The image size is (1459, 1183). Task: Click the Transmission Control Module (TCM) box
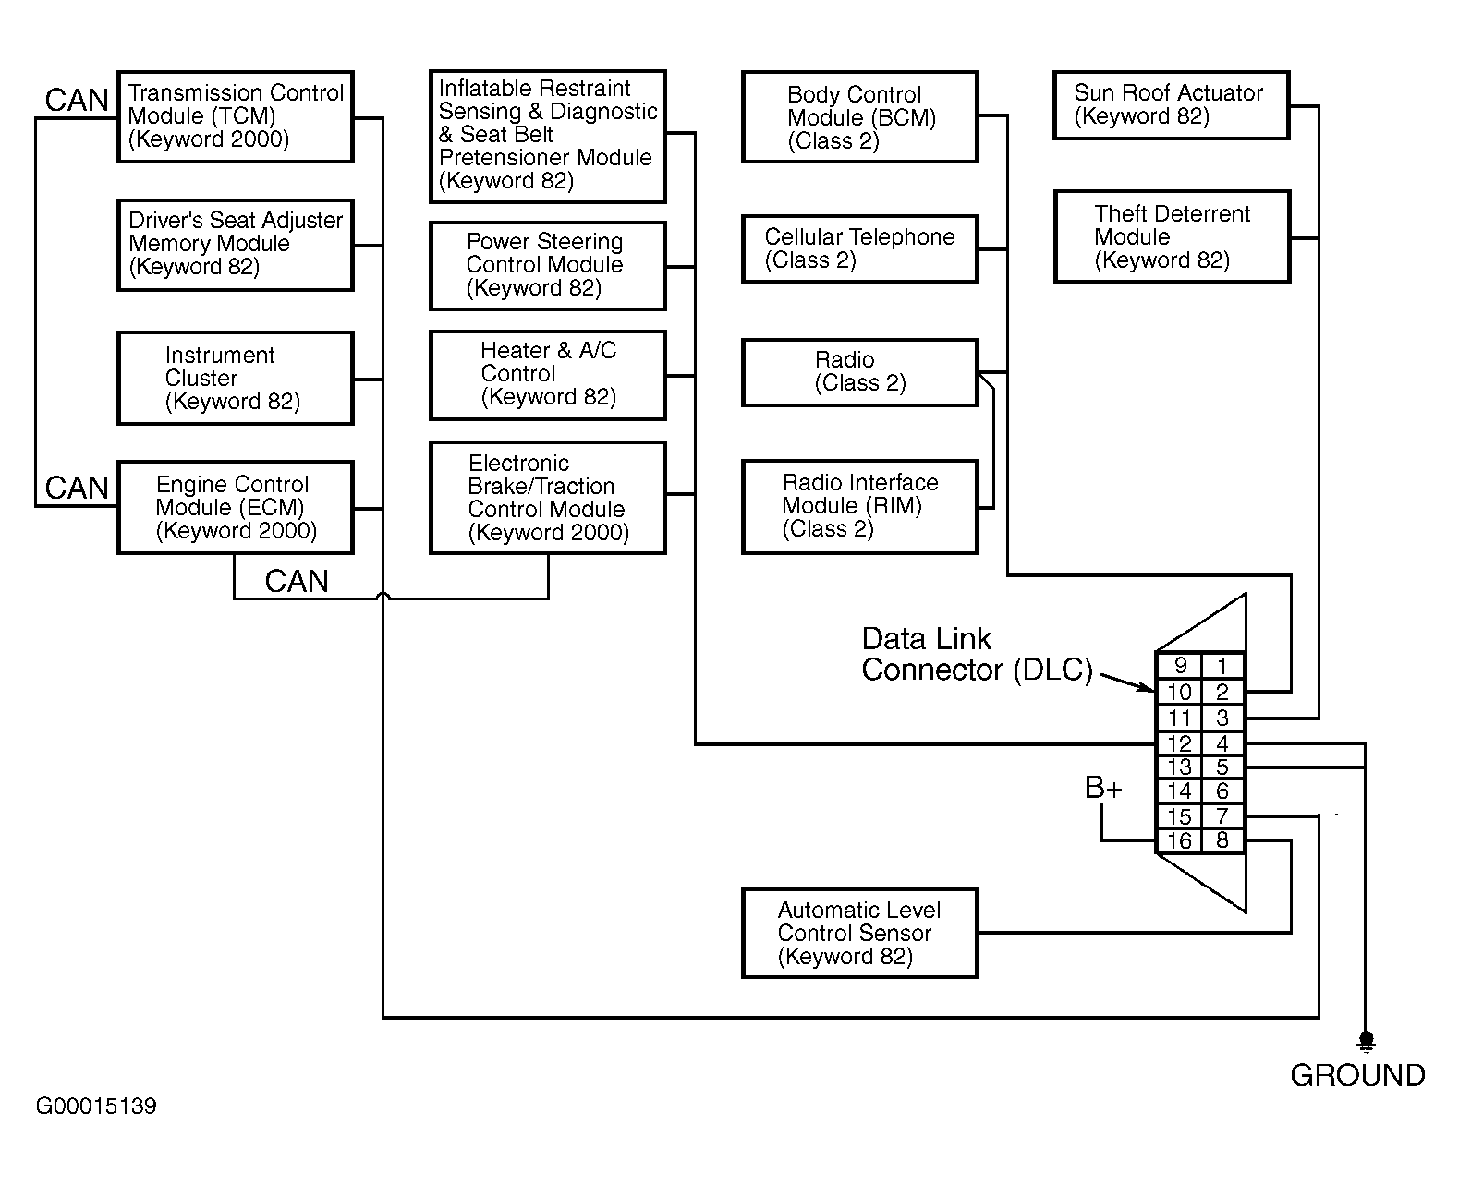click(x=236, y=117)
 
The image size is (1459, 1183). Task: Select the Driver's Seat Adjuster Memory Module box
click(x=236, y=245)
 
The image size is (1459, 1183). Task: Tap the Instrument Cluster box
click(x=236, y=379)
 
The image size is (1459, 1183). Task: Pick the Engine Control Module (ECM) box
click(x=236, y=508)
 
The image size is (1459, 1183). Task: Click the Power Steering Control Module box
click(x=547, y=266)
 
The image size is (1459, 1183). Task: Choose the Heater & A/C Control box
click(x=547, y=375)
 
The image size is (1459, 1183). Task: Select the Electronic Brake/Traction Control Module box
click(x=547, y=498)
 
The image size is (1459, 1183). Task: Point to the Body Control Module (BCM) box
click(x=859, y=118)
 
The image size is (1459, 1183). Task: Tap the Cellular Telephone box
click(x=859, y=249)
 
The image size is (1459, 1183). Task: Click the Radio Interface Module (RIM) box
click(x=859, y=507)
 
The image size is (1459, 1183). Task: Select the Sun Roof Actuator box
click(x=1171, y=106)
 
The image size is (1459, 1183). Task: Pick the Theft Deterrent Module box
click(x=1172, y=237)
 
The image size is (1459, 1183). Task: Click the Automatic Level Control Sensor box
click(x=859, y=934)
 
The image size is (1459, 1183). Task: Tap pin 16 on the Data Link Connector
click(x=1179, y=841)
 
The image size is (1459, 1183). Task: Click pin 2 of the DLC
click(x=1222, y=692)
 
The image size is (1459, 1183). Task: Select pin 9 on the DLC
click(x=1179, y=666)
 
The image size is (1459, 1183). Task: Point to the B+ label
click(x=1103, y=789)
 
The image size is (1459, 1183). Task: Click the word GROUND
click(x=1357, y=1076)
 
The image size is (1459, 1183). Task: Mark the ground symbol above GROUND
click(x=1366, y=1042)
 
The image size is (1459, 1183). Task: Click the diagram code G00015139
click(x=96, y=1106)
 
